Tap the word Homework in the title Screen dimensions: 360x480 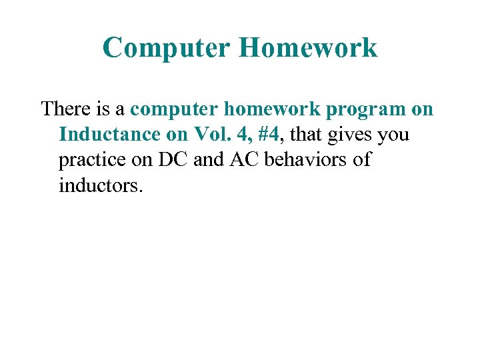coord(307,48)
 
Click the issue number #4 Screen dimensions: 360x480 coord(270,135)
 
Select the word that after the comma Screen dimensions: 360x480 coord(306,135)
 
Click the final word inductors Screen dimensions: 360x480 coord(100,185)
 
